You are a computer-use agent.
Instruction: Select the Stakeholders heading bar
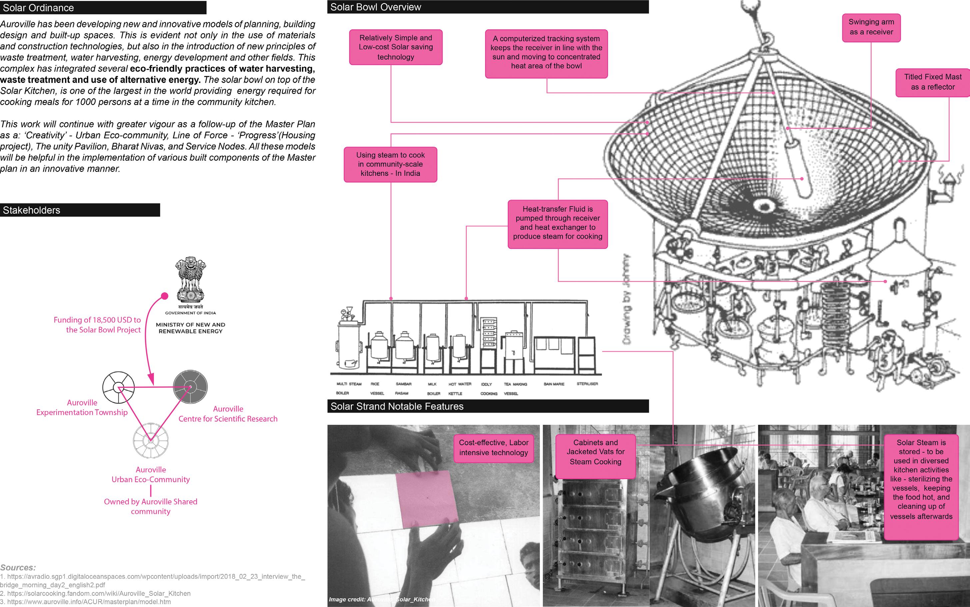(80, 210)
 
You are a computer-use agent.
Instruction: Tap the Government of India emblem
(190, 281)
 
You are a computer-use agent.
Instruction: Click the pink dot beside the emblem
(164, 296)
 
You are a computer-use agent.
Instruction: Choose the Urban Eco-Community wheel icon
(151, 440)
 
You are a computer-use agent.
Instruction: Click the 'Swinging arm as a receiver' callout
(871, 27)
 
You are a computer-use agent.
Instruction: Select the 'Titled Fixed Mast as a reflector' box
(932, 82)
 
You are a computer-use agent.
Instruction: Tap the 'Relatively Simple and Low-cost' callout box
(396, 47)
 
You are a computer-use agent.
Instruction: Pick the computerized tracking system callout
(546, 53)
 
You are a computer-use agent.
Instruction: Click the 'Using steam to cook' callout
(390, 164)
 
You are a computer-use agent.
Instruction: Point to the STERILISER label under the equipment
(587, 384)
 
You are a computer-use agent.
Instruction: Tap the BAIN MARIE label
(554, 384)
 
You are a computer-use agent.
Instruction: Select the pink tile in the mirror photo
(427, 499)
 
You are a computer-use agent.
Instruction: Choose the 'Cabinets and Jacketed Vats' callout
(595, 452)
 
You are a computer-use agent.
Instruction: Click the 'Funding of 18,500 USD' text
(97, 325)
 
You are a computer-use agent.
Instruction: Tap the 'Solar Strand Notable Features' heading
(488, 406)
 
